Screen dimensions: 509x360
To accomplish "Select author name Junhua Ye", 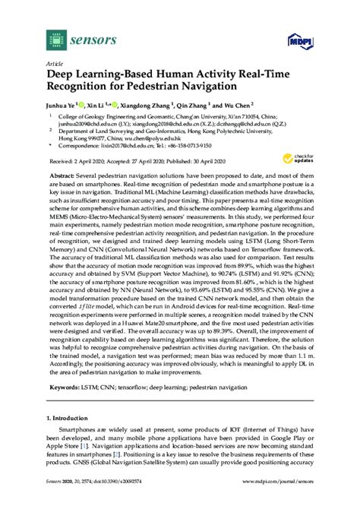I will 68,108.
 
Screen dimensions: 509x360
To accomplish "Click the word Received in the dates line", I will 61,173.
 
